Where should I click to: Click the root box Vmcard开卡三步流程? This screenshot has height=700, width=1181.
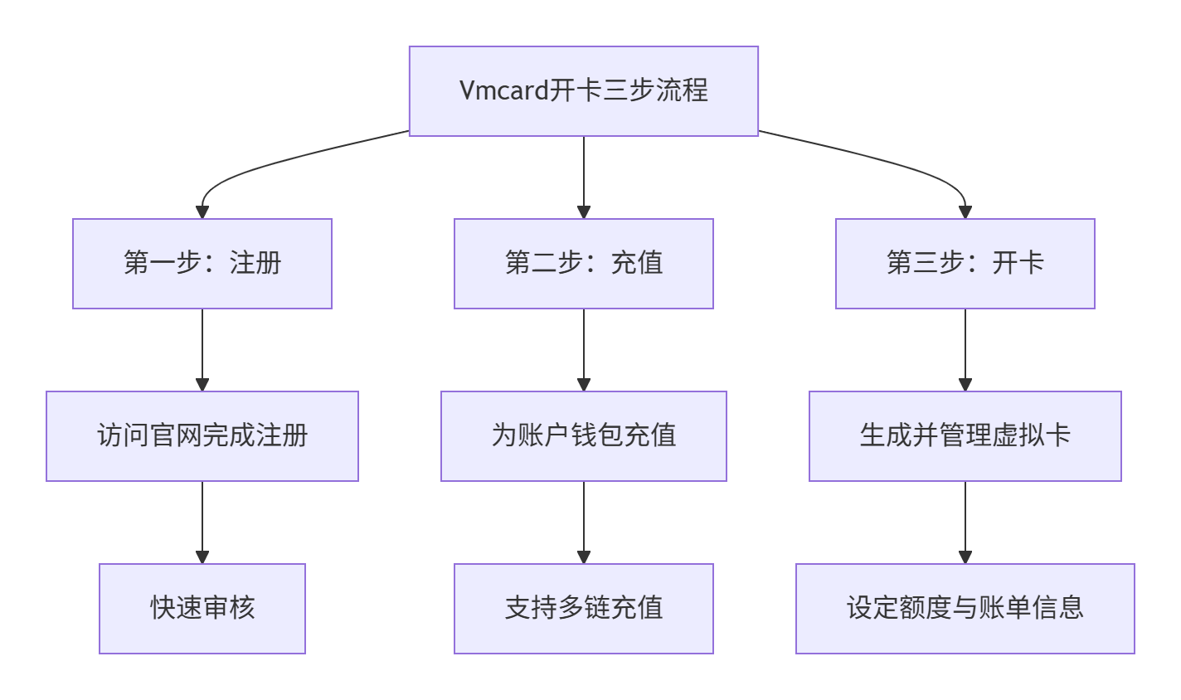pos(583,91)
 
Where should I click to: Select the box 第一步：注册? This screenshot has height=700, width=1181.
pos(202,264)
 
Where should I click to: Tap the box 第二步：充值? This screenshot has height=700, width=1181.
pos(583,264)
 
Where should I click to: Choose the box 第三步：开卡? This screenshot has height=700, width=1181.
pos(965,264)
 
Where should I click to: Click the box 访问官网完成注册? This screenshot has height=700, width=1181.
pos(202,436)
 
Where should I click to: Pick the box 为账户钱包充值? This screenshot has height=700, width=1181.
pos(583,436)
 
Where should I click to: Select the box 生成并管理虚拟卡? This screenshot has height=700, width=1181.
pos(965,436)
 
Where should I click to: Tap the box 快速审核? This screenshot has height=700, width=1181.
pos(202,609)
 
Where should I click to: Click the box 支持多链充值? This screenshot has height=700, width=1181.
pos(583,609)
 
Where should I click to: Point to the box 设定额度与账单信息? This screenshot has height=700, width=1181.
pos(965,609)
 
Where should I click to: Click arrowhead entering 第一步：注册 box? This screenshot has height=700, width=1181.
pos(202,212)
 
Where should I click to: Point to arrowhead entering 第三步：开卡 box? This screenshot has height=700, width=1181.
pos(965,212)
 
